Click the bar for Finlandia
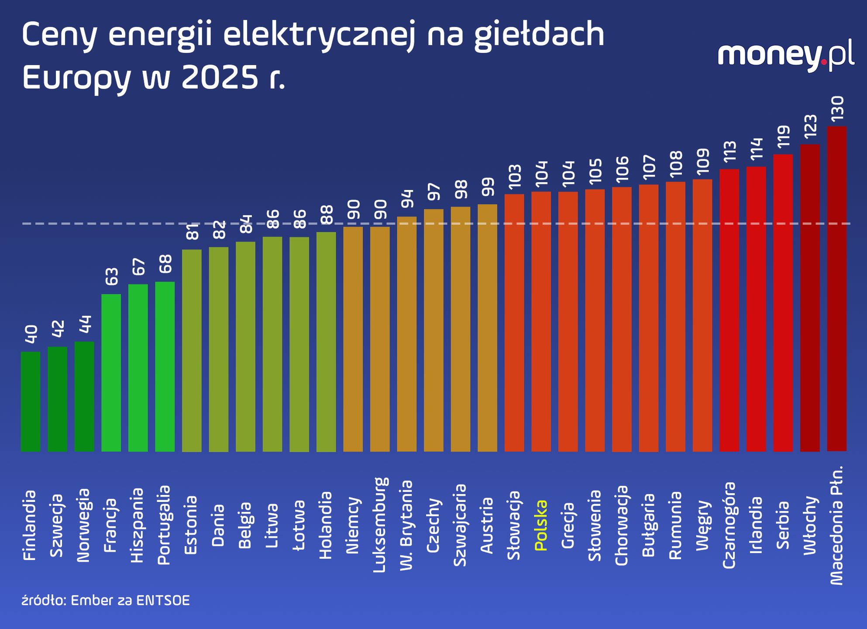(31, 402)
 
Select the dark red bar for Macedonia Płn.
(836, 288)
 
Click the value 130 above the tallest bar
(837, 109)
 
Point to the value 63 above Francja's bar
(111, 276)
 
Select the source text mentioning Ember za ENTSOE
(106, 601)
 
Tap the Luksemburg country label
(380, 525)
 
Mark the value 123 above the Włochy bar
(810, 127)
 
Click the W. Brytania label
(406, 525)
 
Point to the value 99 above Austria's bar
(488, 187)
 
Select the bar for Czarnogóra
(729, 310)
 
